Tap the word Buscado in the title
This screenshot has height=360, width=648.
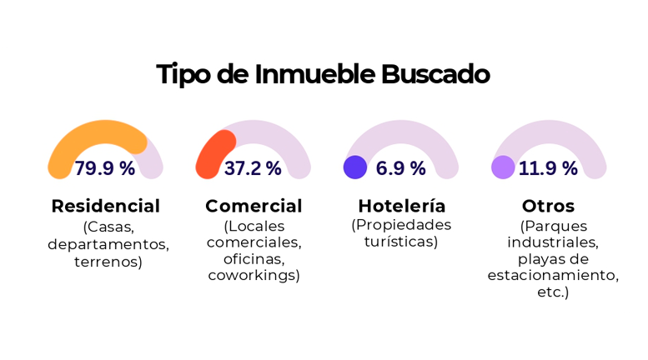(x=435, y=74)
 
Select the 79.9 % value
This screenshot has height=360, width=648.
(x=105, y=168)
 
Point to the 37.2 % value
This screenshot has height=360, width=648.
(x=253, y=168)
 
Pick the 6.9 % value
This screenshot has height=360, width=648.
(x=400, y=168)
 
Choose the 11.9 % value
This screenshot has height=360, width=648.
(x=548, y=168)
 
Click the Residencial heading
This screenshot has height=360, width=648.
(x=105, y=206)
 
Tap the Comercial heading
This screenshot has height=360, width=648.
(x=254, y=206)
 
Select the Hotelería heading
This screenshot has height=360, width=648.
(x=402, y=206)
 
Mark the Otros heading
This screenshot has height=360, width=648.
(x=548, y=206)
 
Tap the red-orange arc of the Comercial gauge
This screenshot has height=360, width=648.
(x=213, y=150)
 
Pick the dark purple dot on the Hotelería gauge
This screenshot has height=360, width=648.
(x=355, y=167)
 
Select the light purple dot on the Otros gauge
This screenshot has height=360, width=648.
(x=503, y=167)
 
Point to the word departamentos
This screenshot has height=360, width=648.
(x=108, y=245)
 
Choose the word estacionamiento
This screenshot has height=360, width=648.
(x=553, y=275)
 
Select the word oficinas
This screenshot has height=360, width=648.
(x=254, y=259)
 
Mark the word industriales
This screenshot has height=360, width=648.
(x=553, y=242)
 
